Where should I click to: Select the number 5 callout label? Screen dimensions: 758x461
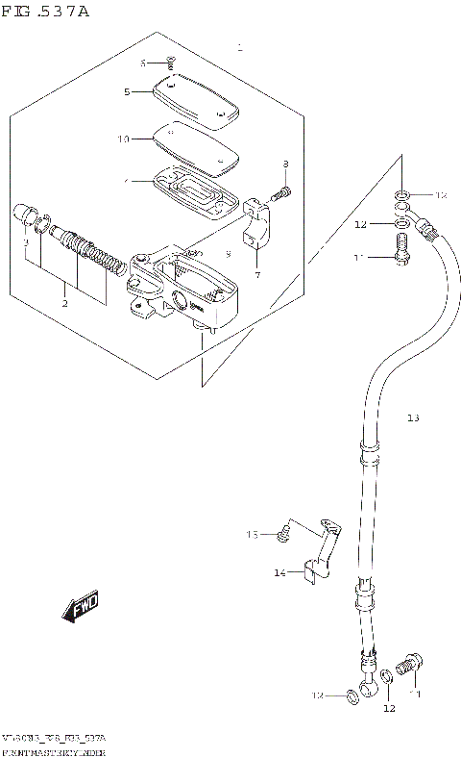[x=127, y=92]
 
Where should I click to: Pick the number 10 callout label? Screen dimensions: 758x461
[x=123, y=139]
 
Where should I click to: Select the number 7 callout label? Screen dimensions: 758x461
[x=257, y=275]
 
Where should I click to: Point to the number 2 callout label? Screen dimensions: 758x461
[x=64, y=304]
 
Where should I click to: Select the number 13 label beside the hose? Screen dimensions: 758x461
[x=413, y=418]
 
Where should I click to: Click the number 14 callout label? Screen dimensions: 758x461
[x=279, y=573]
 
